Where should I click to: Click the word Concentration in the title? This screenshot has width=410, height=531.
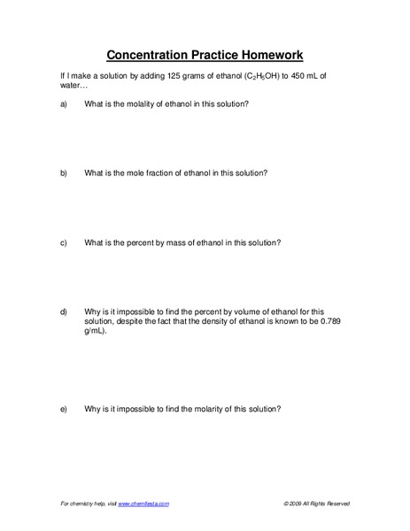tap(146, 53)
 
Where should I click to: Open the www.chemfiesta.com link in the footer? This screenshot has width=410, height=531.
tap(143, 504)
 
